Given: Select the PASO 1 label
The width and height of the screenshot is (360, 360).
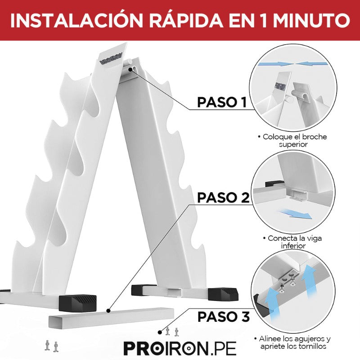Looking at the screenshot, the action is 222,102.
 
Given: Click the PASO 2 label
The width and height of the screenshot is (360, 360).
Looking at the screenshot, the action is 223,198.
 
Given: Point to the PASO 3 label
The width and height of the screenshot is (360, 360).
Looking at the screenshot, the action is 223,317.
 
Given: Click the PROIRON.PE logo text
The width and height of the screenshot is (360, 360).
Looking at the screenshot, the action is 180,348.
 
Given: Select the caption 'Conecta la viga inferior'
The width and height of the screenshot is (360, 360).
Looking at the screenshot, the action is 292,242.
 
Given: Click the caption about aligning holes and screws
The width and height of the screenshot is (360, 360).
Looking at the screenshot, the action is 292,342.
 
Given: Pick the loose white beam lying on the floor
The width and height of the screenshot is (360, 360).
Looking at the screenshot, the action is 111,318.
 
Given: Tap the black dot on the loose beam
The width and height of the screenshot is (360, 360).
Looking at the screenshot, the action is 108,311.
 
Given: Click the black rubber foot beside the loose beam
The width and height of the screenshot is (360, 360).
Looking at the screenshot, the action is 77,303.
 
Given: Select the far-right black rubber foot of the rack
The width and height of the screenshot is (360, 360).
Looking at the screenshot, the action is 223,294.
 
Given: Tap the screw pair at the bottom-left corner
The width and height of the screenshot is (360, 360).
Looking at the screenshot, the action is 51,346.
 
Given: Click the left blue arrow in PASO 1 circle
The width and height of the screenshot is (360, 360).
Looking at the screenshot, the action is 275,63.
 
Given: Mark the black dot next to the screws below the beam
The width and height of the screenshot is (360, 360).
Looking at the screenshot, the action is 160,332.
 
